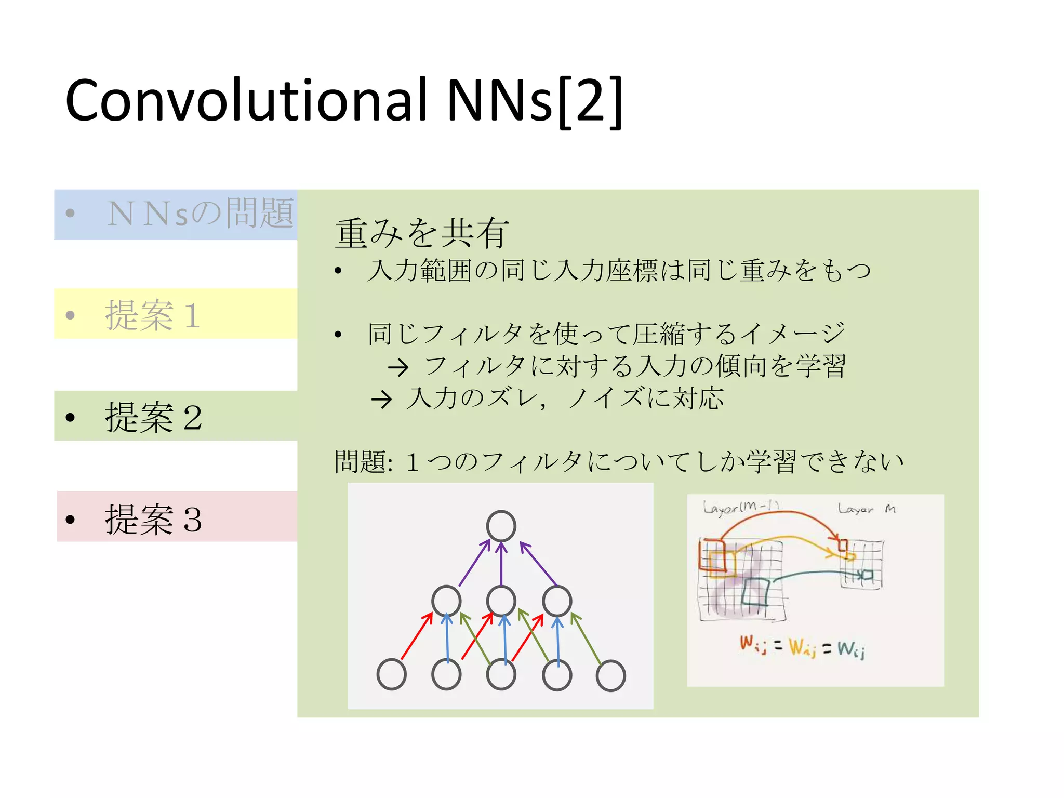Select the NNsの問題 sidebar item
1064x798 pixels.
point(200,214)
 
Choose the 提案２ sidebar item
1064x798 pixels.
point(153,417)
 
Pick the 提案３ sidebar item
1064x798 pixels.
point(153,518)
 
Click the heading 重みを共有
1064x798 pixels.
point(421,233)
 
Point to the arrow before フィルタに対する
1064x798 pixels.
point(398,368)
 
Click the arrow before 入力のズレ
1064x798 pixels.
point(382,400)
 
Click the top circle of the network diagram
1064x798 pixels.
point(501,526)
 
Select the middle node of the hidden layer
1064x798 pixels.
point(501,601)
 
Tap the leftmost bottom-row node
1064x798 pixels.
point(391,674)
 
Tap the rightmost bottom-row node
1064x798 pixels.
point(610,675)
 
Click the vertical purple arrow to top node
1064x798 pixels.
point(501,564)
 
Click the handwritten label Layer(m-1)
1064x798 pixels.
point(740,507)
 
